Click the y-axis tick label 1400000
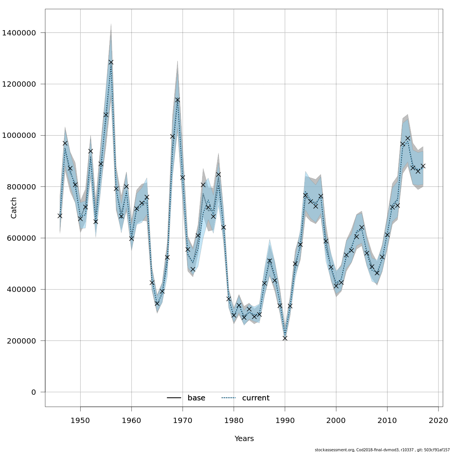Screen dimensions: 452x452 (x=19, y=33)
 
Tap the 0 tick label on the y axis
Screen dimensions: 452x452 (x=34, y=392)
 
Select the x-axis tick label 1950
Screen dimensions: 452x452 (x=80, y=420)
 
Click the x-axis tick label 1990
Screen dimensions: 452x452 (x=285, y=420)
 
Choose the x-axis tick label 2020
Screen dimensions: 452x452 (x=438, y=420)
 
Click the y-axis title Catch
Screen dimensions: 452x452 (x=14, y=208)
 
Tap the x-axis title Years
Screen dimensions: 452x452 (x=244, y=439)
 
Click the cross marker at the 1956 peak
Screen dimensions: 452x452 (x=111, y=62)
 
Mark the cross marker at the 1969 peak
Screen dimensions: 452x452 (x=177, y=100)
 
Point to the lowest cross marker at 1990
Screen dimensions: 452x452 (x=285, y=338)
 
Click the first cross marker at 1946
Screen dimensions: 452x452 (x=60, y=216)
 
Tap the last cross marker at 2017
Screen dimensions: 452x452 (x=423, y=166)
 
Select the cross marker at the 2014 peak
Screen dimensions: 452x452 (x=408, y=138)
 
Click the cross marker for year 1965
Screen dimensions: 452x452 (x=157, y=304)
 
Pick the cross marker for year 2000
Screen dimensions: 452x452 (x=336, y=286)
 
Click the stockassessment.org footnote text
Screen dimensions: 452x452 (x=382, y=450)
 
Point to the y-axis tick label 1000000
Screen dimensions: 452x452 (x=19, y=136)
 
